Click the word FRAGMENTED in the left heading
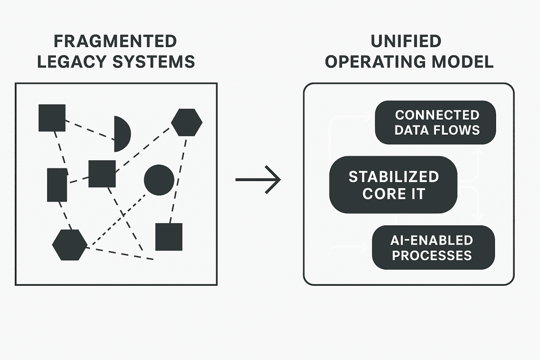click(115, 41)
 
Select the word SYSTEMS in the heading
click(154, 62)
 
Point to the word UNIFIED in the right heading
click(406, 41)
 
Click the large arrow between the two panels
click(258, 180)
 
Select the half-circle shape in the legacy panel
click(121, 134)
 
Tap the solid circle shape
click(159, 180)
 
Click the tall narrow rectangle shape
click(57, 185)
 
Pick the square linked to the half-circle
click(52, 118)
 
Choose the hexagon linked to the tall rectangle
click(69, 245)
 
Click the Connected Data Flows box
click(435, 122)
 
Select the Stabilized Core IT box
click(393, 185)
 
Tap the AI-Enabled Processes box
click(433, 248)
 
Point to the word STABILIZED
click(394, 177)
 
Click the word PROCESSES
click(432, 256)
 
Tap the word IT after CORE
click(418, 194)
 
